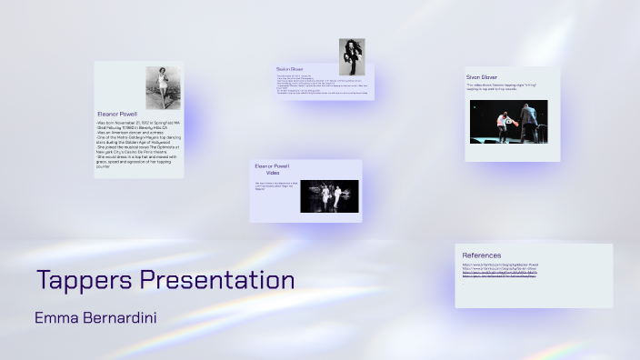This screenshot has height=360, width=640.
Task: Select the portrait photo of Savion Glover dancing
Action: coord(352,56)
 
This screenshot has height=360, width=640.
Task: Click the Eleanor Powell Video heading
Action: coord(272,169)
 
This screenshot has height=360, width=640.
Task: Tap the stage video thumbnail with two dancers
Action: coord(508,122)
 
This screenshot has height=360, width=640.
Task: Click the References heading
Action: coord(481,255)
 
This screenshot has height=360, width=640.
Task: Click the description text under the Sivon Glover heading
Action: coord(505,89)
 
